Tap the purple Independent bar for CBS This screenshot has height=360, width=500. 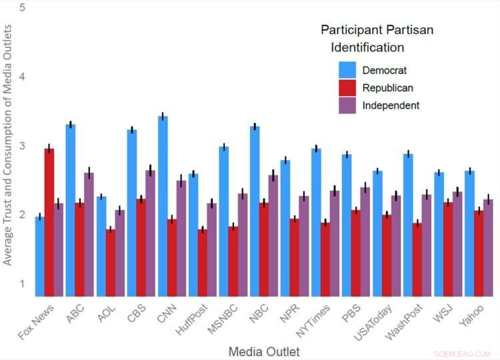tap(151, 233)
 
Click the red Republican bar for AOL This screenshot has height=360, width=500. tap(110, 263)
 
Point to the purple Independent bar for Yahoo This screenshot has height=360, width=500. tap(488, 247)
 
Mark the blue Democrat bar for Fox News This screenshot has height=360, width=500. tap(39, 256)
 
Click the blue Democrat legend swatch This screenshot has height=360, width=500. tap(347, 70)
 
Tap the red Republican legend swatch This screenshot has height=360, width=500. tap(347, 87)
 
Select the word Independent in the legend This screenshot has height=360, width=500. tap(391, 105)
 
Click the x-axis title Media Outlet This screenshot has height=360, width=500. tap(263, 351)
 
